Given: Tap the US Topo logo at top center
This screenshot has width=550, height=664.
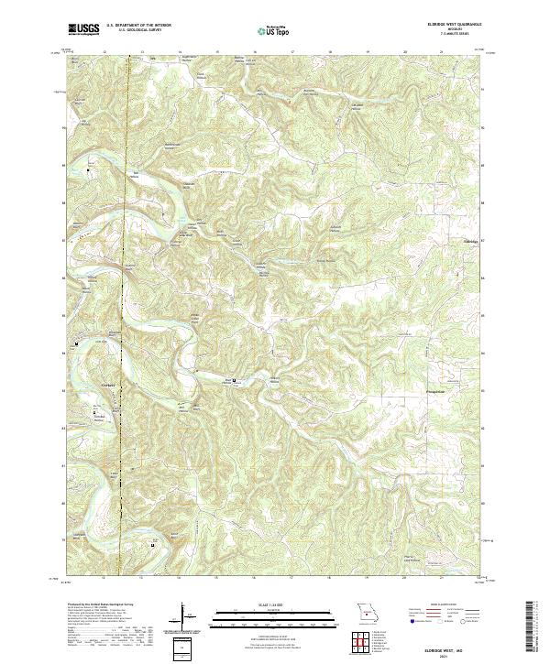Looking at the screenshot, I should [274, 29].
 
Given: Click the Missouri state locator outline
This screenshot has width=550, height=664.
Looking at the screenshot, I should [367, 611].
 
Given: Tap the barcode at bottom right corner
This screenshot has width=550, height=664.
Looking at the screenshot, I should [533, 625].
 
